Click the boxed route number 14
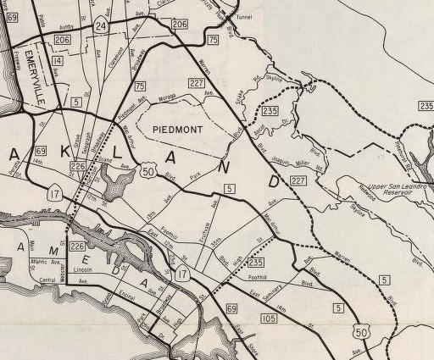pos(57,62)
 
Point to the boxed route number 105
pos(270,318)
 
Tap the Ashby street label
pos(67,28)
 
